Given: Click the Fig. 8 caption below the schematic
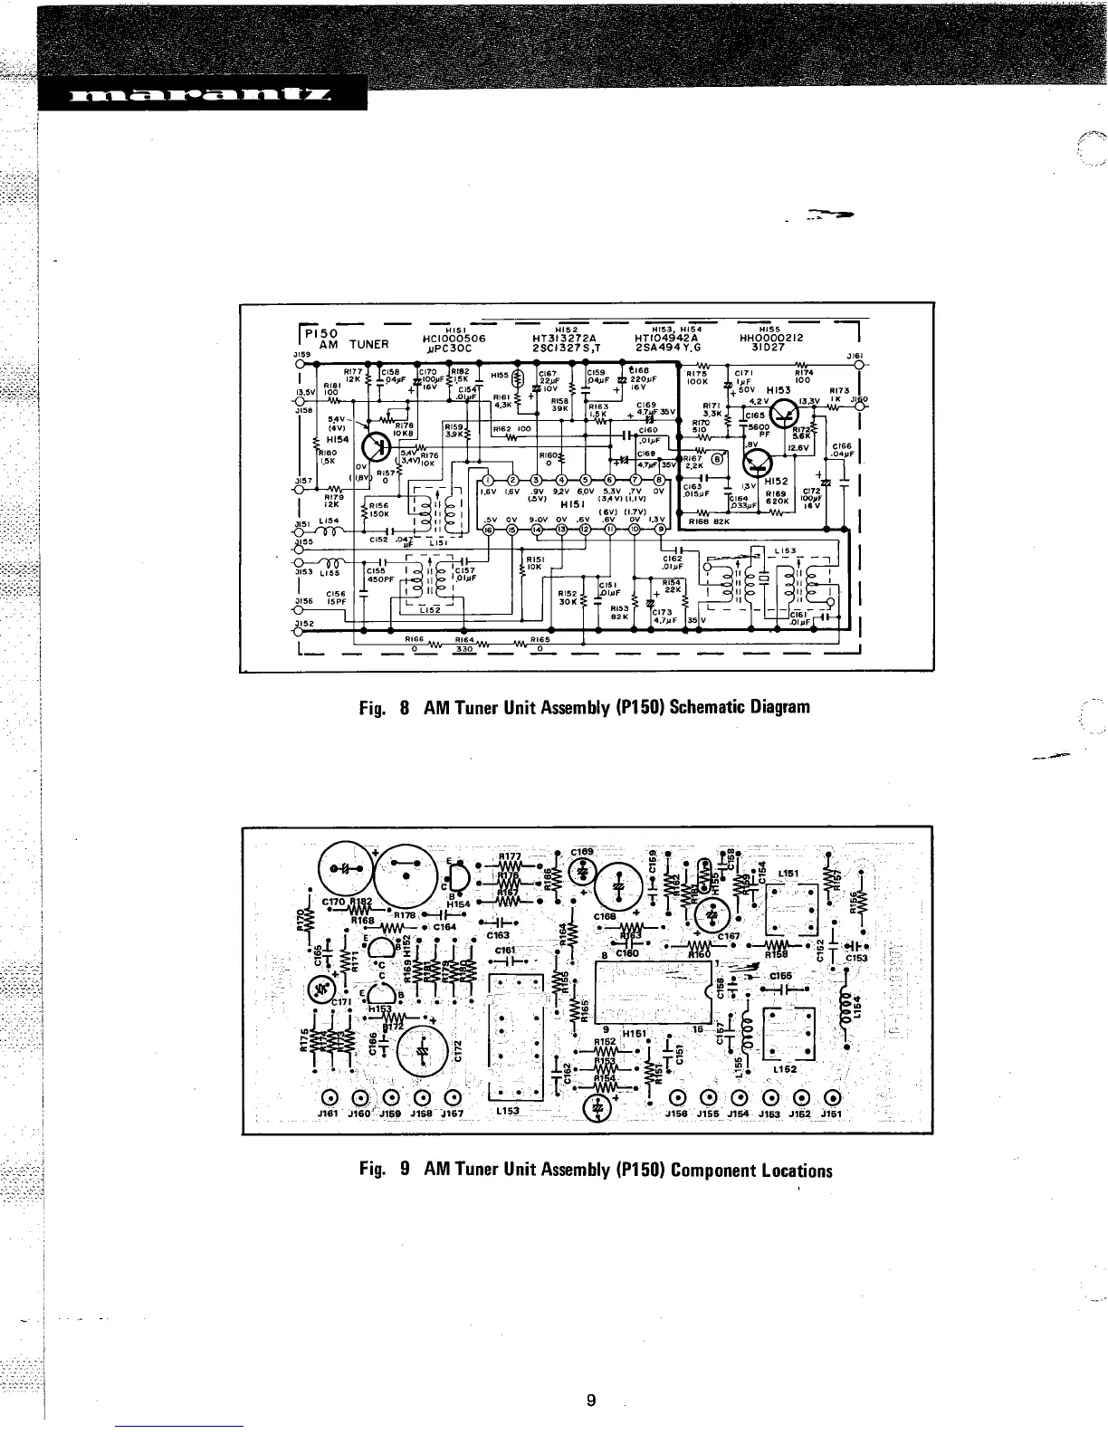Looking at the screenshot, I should [x=585, y=706].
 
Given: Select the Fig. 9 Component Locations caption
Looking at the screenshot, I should [x=596, y=1170].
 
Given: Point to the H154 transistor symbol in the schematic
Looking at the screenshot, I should [x=377, y=446].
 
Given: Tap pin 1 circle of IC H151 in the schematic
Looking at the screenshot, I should [x=487, y=481].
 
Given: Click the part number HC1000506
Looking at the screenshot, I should [x=454, y=338].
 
